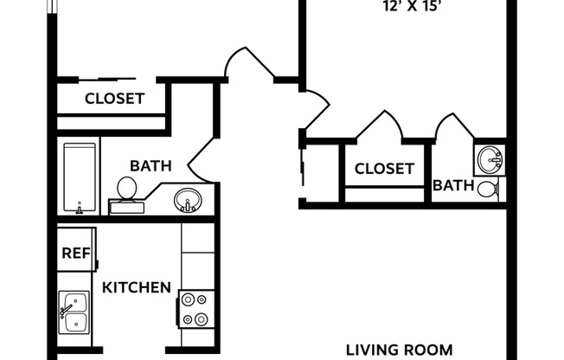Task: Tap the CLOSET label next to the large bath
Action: (x=114, y=99)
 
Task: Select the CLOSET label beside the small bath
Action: (x=385, y=169)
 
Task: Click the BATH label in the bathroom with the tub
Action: (x=151, y=165)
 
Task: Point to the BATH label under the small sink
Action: (x=453, y=184)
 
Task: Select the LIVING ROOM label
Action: (x=399, y=350)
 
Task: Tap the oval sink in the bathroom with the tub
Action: (x=187, y=202)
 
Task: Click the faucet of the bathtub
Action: (x=80, y=209)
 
